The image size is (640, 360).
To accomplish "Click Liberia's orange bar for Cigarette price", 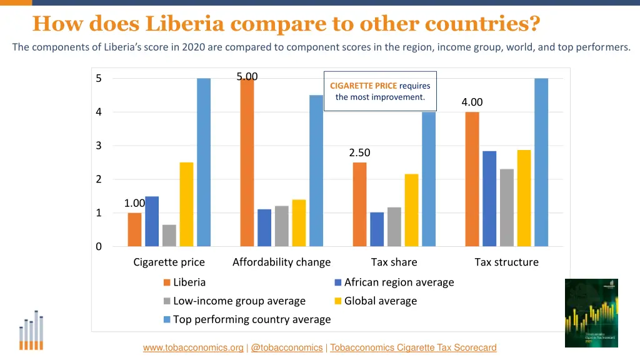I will click(x=134, y=229).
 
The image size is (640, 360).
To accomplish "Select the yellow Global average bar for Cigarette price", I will click(x=186, y=204).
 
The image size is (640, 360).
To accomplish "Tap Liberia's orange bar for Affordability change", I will click(x=247, y=162).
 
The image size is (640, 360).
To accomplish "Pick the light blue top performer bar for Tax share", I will click(x=429, y=179).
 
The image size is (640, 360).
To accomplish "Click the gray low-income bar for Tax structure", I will click(x=506, y=207).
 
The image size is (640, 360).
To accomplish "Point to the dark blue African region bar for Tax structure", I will click(x=489, y=199).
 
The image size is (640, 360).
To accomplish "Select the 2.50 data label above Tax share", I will click(x=359, y=153).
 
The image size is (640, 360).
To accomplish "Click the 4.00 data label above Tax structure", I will click(x=472, y=102).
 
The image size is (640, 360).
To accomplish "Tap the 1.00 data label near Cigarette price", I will click(x=134, y=203).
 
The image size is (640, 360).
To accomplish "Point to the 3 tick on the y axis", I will click(x=99, y=146).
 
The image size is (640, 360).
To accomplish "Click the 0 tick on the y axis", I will click(x=99, y=247).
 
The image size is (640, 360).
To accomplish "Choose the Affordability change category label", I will click(x=281, y=262).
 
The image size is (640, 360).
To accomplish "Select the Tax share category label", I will click(x=394, y=262).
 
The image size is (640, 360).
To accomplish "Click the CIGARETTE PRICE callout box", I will click(x=380, y=91).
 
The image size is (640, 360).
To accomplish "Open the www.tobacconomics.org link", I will click(x=193, y=348).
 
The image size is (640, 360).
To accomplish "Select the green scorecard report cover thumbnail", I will click(x=591, y=313).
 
